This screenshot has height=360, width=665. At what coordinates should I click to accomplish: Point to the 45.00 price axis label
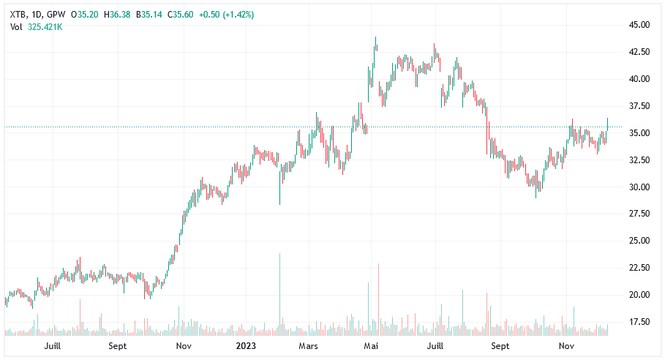coord(639,25)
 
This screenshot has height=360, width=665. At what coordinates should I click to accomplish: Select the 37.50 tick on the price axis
coord(639,106)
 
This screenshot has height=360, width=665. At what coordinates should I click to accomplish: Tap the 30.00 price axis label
coord(639,187)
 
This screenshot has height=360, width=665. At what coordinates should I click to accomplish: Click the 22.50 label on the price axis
coord(639,268)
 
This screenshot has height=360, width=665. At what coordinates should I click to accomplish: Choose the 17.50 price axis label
coord(639,322)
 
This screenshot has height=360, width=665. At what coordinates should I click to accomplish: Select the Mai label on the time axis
coord(372,345)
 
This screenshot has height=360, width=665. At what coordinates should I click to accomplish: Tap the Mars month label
coord(307,345)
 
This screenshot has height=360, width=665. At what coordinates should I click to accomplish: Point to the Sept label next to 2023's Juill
coord(500,345)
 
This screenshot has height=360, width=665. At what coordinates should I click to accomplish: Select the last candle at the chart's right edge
coord(607,124)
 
